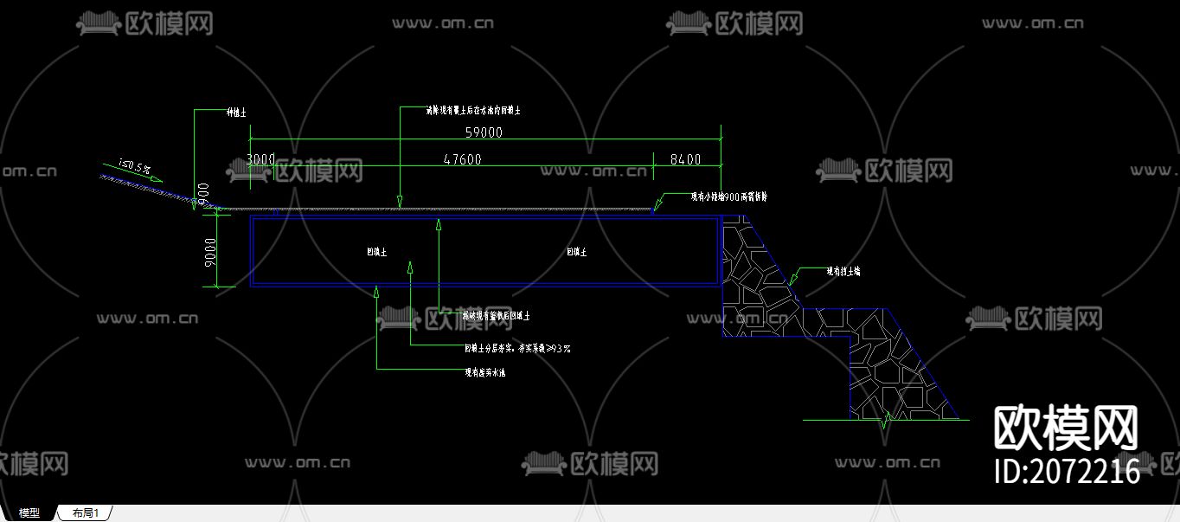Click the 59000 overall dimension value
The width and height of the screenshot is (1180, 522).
[x=484, y=132]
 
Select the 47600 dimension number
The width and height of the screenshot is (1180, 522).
[x=462, y=159]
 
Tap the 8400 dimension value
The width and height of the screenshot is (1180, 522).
[x=685, y=159]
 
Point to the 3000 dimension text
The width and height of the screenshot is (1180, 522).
[x=260, y=159]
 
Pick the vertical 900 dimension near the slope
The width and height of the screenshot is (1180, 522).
[x=203, y=193]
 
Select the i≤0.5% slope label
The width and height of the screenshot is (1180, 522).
[x=135, y=165]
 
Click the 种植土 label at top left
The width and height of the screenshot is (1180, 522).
[x=236, y=113]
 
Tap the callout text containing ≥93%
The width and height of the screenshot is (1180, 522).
[x=517, y=349]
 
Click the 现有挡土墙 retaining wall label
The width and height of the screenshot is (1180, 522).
[x=843, y=271]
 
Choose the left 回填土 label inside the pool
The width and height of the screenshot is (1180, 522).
[x=376, y=252]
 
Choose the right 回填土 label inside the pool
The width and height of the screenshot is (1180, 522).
[x=577, y=252]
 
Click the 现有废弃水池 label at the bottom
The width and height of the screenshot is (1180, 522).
[x=485, y=373]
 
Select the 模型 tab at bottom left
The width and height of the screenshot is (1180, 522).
[x=29, y=513]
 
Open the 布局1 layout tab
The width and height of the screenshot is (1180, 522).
[x=86, y=513]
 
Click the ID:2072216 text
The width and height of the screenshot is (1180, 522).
[x=1068, y=471]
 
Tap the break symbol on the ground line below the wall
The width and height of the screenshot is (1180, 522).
[x=885, y=422]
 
